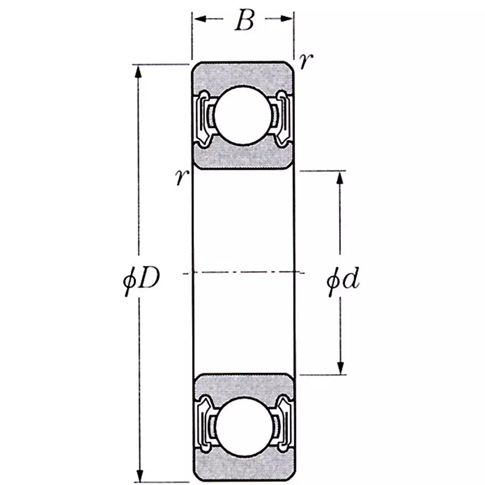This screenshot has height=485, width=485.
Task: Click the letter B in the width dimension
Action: (x=244, y=21)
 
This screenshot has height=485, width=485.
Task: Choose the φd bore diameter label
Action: (x=344, y=280)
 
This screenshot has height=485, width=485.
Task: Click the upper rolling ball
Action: (x=243, y=115)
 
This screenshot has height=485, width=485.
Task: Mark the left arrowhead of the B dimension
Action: (x=199, y=19)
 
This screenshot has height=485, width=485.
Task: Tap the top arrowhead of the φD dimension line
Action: (x=139, y=70)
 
